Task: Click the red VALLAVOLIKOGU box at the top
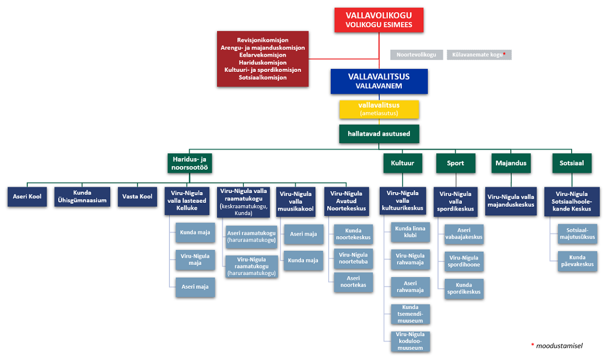379,20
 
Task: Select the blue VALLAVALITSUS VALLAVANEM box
379,81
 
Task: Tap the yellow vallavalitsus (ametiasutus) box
379,109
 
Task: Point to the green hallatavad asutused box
379,134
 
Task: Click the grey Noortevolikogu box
417,55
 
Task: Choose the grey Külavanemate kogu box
479,55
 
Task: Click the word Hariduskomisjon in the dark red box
263,63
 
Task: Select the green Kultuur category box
403,163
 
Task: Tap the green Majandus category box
511,163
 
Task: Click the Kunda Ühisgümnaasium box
82,197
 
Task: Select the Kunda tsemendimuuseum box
410,314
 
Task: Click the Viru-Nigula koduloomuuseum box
410,341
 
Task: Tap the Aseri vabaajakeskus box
464,234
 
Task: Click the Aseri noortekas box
353,282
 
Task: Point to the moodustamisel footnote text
559,346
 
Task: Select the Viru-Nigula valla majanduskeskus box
510,201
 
